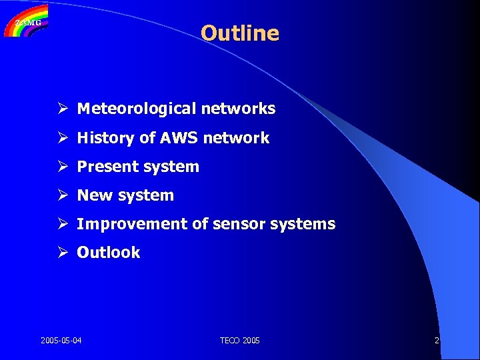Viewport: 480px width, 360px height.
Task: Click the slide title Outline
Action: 239,33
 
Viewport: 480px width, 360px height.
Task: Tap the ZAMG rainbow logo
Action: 26,21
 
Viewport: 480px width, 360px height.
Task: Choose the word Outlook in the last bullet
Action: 109,253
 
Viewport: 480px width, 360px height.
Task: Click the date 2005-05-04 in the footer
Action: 61,341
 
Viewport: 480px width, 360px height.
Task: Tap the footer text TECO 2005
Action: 240,341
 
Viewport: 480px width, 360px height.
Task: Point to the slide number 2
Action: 437,341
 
